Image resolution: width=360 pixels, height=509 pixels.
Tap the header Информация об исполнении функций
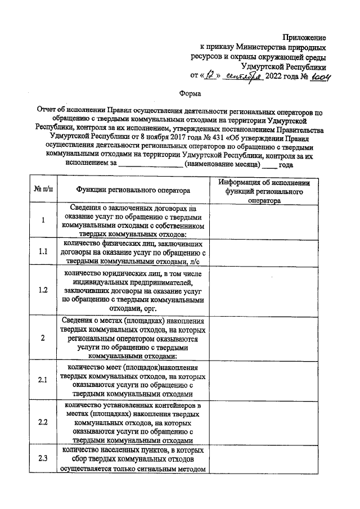pos(264,191)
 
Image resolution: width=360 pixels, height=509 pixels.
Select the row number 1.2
pos(43,290)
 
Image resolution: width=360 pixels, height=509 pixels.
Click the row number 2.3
pos(43,458)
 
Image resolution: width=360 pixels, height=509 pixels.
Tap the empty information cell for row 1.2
pos(264,290)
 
